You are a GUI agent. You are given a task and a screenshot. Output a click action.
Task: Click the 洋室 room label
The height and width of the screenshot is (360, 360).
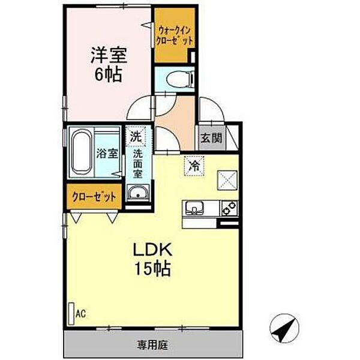[109, 55]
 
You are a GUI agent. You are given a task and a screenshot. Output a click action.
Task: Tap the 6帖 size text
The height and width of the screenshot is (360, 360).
[108, 74]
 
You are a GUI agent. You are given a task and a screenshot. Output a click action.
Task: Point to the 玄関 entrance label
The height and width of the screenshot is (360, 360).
[211, 138]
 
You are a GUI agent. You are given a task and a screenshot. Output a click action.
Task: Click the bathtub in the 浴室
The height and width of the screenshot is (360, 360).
[81, 152]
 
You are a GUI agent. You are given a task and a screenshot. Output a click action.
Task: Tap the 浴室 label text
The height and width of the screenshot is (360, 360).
[107, 154]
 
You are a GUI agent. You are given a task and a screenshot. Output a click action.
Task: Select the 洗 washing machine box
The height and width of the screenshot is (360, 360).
[136, 136]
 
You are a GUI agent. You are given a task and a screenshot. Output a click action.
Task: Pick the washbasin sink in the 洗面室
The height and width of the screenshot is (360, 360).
[138, 193]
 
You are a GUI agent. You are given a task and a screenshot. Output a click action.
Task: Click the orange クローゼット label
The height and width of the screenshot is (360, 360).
[94, 197]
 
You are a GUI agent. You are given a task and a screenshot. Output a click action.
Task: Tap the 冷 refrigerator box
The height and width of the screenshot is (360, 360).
[194, 166]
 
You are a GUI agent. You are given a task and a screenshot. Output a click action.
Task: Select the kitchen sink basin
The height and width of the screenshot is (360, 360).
[194, 208]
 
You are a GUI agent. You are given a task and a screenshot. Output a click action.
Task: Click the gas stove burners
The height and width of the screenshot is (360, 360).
[229, 208]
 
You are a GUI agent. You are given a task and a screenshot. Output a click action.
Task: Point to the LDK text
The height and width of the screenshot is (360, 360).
[153, 250]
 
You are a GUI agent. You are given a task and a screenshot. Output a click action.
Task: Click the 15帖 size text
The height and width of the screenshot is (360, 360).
[152, 268]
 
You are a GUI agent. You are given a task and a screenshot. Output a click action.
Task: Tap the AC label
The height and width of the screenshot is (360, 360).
[81, 314]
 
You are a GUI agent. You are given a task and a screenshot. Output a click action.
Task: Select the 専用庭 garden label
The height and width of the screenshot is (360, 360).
[152, 345]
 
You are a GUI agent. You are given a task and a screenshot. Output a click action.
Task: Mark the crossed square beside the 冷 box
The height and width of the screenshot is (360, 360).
[227, 180]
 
